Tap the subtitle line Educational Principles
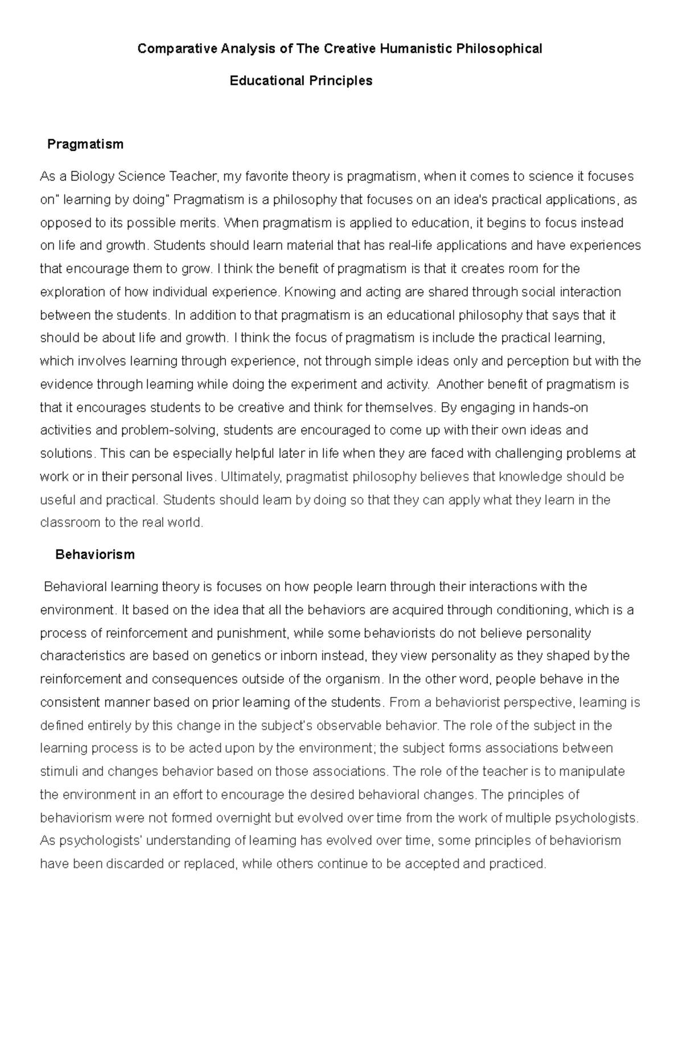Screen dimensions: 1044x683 coord(301,81)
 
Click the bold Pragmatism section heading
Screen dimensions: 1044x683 coord(85,144)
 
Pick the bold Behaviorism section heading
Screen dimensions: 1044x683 coord(95,555)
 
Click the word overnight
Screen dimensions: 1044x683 coord(239,818)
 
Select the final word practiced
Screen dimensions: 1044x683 coord(517,864)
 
